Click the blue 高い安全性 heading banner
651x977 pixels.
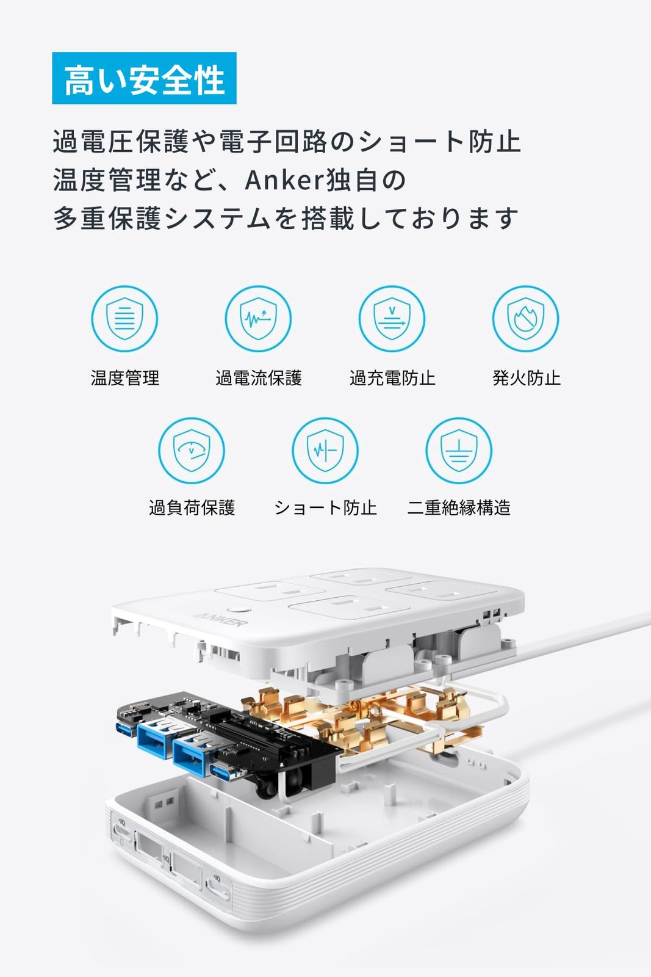(144, 78)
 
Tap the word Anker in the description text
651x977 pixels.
(285, 180)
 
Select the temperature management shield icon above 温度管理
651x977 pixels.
(124, 319)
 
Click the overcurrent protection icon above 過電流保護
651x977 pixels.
(259, 319)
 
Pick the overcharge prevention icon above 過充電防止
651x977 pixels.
(392, 319)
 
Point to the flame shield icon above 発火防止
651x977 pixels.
(525, 319)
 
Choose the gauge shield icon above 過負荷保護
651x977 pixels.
(192, 451)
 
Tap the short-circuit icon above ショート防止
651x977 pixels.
(325, 451)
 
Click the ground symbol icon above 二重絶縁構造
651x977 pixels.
(459, 451)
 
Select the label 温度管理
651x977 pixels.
(125, 378)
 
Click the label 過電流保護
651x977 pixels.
(259, 378)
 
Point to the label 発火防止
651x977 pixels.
(527, 378)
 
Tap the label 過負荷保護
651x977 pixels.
(192, 507)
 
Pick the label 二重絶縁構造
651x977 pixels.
(459, 507)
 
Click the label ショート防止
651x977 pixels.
(326, 507)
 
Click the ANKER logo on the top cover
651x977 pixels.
(221, 619)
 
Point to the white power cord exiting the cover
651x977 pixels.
(584, 631)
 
